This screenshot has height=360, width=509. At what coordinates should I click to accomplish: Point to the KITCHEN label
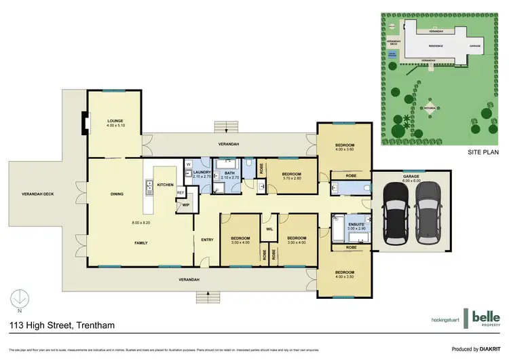166,185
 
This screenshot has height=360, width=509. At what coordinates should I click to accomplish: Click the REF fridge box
181,193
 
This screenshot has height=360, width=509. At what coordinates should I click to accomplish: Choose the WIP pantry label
185,205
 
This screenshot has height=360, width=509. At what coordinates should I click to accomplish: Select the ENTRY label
207,239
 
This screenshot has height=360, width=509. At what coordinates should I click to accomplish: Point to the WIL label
269,228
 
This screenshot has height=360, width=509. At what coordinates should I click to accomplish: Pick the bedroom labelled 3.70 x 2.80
291,175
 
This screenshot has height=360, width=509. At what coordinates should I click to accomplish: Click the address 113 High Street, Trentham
61,325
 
